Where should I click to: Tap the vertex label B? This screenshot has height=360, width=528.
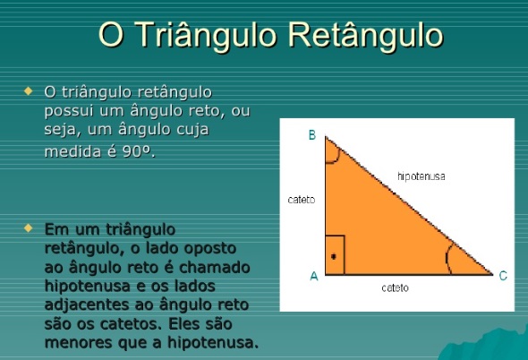[312, 135]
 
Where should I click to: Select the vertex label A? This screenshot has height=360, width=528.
[313, 277]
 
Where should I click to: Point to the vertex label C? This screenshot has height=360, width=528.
[503, 277]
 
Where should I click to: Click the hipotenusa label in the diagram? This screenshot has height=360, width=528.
[422, 177]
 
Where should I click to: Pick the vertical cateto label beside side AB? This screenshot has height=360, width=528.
[301, 200]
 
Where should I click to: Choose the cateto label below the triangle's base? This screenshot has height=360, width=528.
[395, 288]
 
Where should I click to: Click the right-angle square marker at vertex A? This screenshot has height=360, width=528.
[335, 255]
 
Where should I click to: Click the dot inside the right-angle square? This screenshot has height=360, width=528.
[333, 257]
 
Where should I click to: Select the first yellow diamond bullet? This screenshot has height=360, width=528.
[29, 90]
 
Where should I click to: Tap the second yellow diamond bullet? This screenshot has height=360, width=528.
[29, 228]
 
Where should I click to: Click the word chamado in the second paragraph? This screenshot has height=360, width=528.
[218, 268]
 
